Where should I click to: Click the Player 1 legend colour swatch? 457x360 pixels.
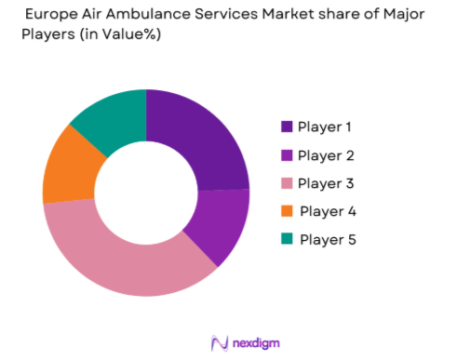point(286,127)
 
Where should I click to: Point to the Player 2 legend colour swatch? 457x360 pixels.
point(286,155)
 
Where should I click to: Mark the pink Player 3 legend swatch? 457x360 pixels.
point(286,183)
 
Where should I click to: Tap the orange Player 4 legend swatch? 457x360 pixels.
point(286,211)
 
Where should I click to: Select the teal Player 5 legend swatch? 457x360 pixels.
point(286,240)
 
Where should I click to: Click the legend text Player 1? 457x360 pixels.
point(327,127)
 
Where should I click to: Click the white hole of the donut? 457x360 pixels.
point(146,193)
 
